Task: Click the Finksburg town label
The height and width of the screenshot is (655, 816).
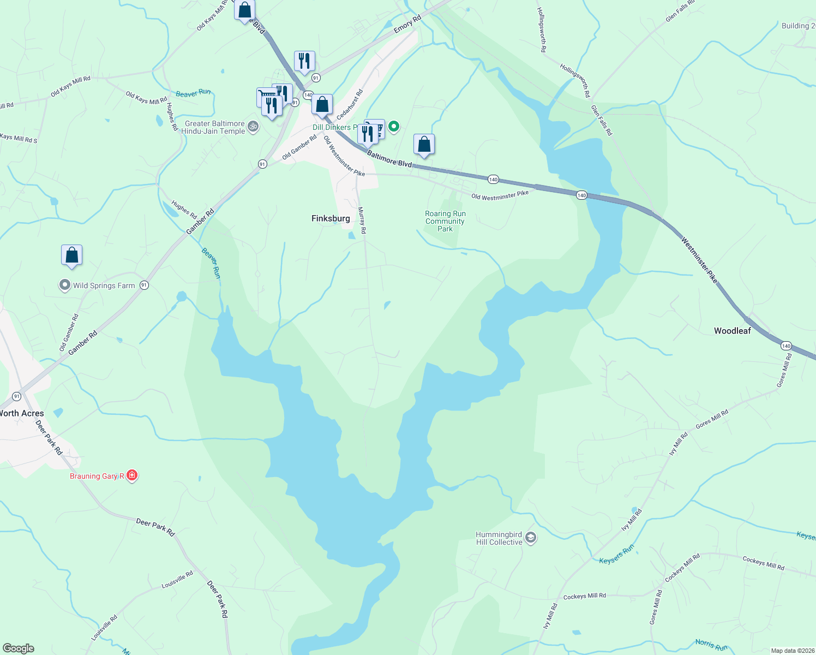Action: (331, 218)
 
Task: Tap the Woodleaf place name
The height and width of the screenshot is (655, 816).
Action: (732, 331)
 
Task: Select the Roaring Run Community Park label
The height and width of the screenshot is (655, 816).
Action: (445, 222)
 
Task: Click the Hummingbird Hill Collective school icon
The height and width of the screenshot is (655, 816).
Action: (531, 538)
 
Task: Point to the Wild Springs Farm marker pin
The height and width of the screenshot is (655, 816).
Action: (65, 285)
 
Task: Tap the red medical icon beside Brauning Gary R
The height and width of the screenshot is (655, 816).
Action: (132, 475)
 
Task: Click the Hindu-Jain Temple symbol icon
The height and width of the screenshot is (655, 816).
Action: (253, 127)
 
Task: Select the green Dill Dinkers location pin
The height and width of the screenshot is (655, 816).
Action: (393, 127)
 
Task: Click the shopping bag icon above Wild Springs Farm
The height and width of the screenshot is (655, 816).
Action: (71, 255)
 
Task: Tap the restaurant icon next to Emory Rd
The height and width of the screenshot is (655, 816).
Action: (304, 61)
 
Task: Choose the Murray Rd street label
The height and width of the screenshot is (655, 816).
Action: (362, 220)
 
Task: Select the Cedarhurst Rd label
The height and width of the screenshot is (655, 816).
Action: (350, 105)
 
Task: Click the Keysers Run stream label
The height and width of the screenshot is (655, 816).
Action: (616, 555)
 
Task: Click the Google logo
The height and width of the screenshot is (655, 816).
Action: (19, 648)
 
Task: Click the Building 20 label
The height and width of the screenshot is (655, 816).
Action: (798, 26)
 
